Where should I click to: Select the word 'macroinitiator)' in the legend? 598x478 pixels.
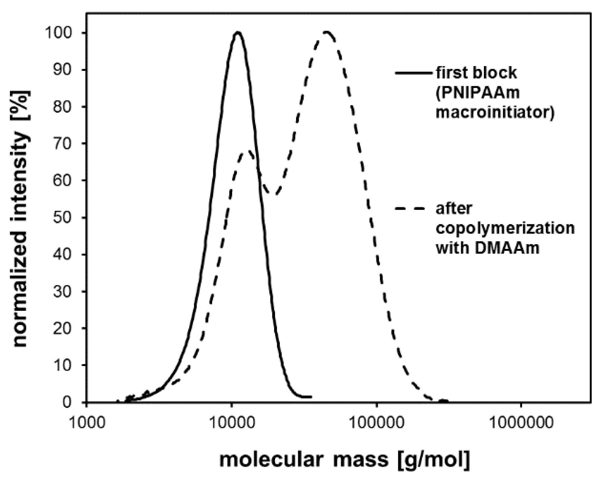point(495,113)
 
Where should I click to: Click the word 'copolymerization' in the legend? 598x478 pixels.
point(505,228)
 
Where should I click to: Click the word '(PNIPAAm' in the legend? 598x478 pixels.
point(478,93)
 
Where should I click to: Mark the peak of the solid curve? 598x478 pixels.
point(238,32)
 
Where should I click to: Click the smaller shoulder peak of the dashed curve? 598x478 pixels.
point(249,152)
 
